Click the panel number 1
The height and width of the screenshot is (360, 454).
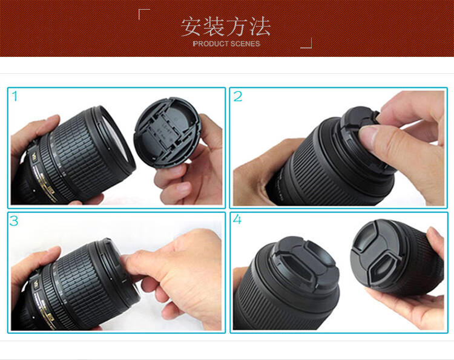coord(15,96)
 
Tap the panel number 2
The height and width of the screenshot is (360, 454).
coord(238,96)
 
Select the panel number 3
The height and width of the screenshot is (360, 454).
coord(13,221)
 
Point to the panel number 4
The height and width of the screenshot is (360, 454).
coord(237,220)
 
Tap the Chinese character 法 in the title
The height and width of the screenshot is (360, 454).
coord(260,27)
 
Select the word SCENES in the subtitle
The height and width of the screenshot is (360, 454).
coord(245,44)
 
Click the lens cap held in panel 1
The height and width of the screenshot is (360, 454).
coord(167,133)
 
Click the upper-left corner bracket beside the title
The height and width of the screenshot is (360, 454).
coord(144,14)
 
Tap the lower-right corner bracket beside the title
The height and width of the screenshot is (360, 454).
coord(306,43)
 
